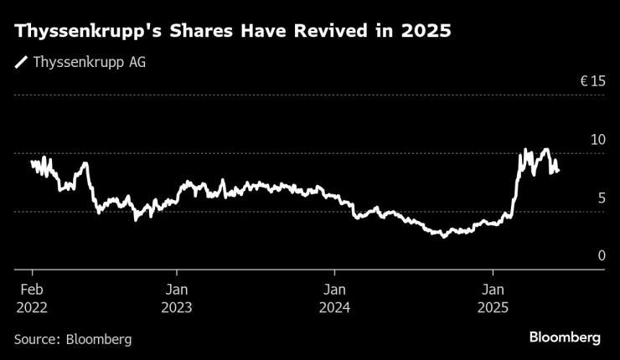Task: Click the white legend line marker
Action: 21,62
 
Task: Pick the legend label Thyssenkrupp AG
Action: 90,62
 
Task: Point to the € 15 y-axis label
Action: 592,82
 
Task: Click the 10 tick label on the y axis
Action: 597,139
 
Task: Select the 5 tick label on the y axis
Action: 601,198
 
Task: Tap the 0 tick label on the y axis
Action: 601,255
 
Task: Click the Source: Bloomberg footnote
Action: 73,339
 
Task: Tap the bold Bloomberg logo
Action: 565,337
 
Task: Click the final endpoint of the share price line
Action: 559,171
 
